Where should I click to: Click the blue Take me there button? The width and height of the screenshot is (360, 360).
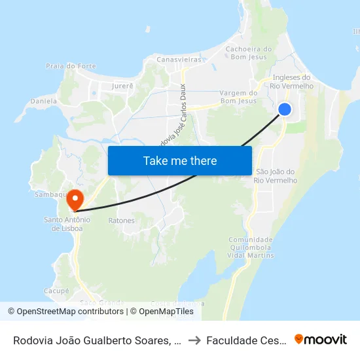(x=180, y=160)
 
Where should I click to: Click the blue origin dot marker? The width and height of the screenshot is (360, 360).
(x=285, y=109)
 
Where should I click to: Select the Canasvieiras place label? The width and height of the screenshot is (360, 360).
(x=178, y=60)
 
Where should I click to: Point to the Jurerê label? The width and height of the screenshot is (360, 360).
(x=122, y=86)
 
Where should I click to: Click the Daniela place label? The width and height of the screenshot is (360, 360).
(x=44, y=101)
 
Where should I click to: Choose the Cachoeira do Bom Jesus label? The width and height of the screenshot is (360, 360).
(x=248, y=52)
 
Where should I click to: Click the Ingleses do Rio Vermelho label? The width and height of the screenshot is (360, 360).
(x=292, y=81)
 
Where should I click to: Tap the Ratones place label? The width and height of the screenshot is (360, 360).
(x=122, y=221)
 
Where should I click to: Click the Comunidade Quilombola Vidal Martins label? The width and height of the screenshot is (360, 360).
(x=250, y=247)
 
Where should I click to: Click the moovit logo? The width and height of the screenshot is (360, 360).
(x=321, y=339)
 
